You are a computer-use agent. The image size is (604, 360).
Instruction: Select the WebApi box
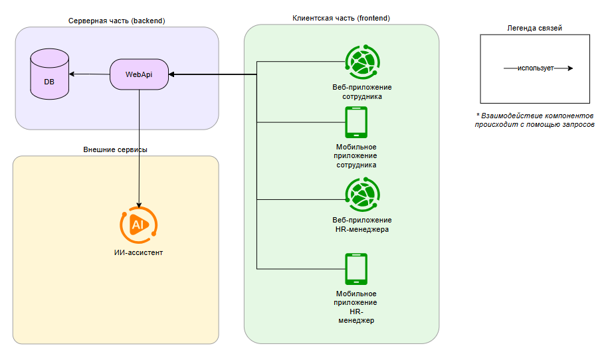[139, 74]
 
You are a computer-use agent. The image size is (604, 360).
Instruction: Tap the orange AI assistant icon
[138, 225]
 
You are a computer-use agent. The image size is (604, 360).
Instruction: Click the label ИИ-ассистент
[138, 252]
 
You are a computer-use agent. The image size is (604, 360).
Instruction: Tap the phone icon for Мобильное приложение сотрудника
[356, 122]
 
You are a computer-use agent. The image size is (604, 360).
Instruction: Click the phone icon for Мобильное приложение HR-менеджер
[356, 268]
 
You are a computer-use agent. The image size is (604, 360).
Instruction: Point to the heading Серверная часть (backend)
[117, 21]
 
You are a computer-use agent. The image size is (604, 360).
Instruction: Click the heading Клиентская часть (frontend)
[341, 17]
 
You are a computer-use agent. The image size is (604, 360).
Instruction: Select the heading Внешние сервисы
[116, 150]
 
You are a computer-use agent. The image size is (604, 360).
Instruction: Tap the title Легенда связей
[535, 28]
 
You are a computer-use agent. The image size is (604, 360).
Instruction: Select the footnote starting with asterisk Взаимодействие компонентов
[534, 120]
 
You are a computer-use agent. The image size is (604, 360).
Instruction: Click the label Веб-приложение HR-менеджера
[362, 225]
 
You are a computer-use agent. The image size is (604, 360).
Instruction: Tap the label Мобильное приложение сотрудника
[356, 155]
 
